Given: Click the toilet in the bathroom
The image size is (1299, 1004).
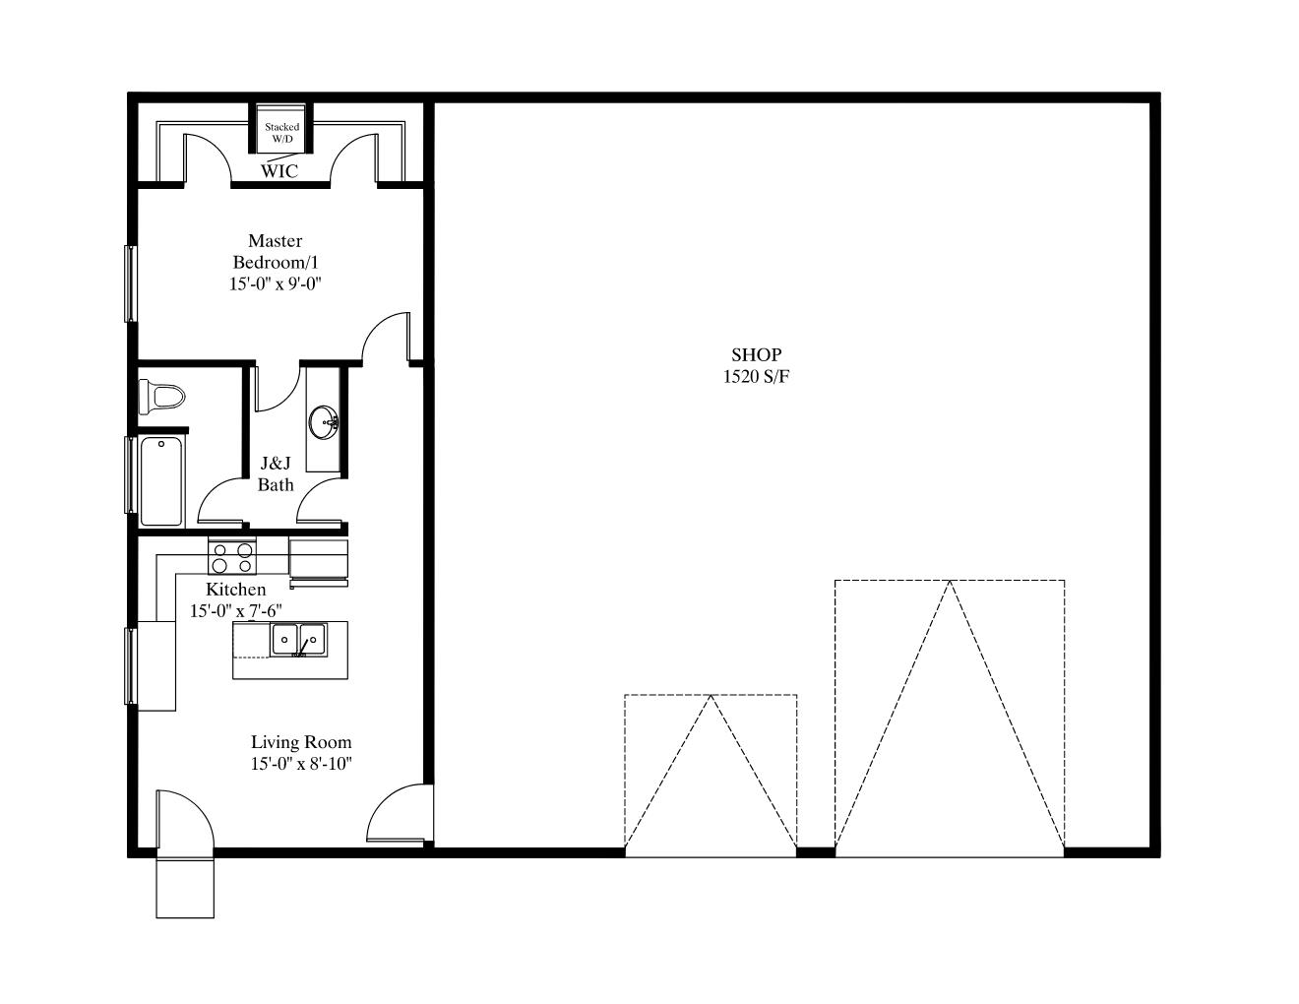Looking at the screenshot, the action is point(161,397).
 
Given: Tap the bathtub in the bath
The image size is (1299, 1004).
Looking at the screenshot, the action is point(160,481).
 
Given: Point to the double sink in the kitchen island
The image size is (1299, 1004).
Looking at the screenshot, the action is point(298,640).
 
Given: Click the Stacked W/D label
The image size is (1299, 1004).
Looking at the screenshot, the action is point(282,133).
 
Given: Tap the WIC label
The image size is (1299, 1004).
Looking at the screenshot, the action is point(279,171).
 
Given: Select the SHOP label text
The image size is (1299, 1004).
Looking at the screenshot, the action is point(756,354).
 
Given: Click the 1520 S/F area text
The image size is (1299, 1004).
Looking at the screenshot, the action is point(756,377).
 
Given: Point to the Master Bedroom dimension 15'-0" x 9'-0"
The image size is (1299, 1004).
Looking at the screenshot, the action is point(275,283).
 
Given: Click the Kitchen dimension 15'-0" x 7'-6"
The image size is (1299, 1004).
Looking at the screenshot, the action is point(236,610).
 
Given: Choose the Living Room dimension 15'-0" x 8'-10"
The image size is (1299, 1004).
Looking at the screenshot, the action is point(301,764).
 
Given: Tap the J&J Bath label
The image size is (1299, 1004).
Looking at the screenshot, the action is point(276,473).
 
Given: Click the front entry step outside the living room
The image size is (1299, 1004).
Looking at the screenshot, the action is point(185,888).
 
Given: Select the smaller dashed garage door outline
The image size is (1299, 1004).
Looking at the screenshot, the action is point(711,776).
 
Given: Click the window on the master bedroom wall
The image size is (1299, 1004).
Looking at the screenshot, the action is point(130,283).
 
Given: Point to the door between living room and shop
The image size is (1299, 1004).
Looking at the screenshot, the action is point(401,814).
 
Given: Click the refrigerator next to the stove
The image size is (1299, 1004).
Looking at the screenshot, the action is point(319,562).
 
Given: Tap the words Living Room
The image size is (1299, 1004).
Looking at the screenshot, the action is point(301,742).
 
